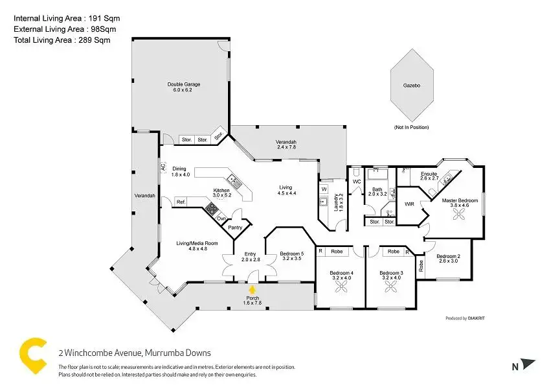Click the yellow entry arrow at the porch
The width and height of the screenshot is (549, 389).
tap(252, 290)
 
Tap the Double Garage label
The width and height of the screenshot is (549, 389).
tap(184, 84)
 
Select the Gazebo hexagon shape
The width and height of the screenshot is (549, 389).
tap(412, 86)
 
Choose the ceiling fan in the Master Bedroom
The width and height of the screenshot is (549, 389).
tap(458, 214)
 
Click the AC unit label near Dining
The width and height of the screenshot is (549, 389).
tap(162, 167)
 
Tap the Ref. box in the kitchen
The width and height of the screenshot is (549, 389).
tap(181, 202)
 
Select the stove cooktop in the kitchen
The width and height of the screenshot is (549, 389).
tap(212, 208)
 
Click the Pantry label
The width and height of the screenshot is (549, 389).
tap(235, 228)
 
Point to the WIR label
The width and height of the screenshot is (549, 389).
tap(409, 204)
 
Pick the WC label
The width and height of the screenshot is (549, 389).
tap(357, 182)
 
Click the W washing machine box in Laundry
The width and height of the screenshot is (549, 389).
tap(324, 189)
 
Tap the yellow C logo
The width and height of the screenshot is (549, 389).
tap(33, 355)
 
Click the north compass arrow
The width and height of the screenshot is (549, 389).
tap(528, 364)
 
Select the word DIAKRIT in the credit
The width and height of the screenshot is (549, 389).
tap(476, 318)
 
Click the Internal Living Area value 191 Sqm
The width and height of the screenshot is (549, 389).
tap(104, 18)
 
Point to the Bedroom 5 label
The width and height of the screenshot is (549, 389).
tap(291, 253)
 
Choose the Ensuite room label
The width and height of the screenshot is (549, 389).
tap(429, 174)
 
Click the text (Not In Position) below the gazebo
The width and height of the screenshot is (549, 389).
tap(411, 127)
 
